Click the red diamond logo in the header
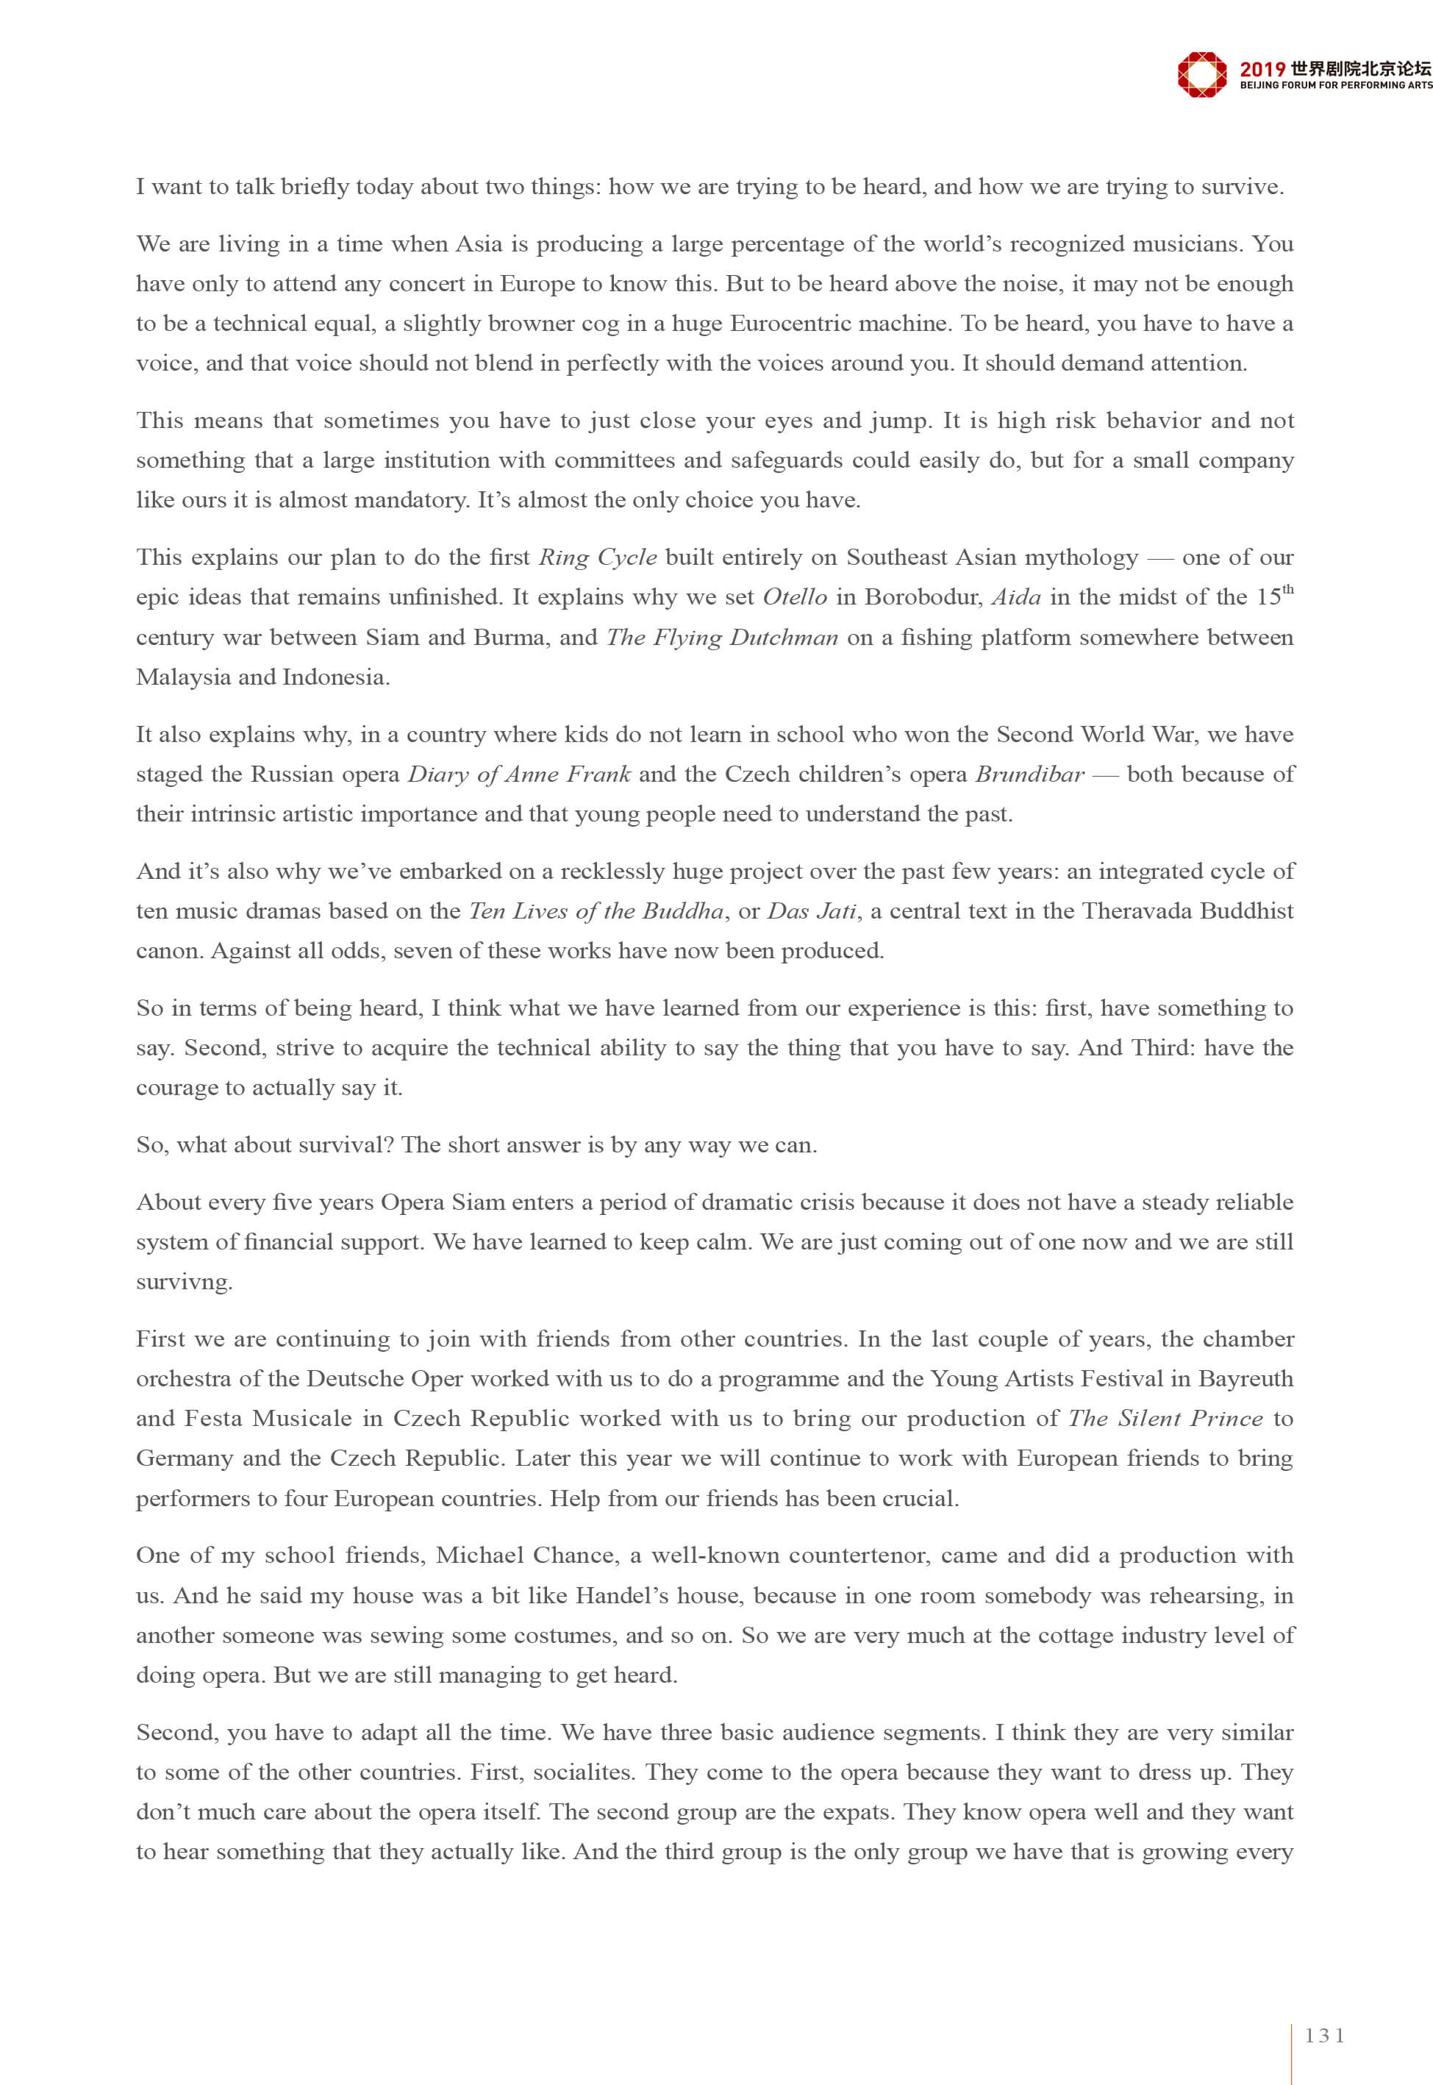tap(1201, 74)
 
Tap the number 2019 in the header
tap(1262, 69)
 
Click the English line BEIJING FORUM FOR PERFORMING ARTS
tap(1335, 85)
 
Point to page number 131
tap(1324, 2036)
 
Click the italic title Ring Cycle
tap(597, 557)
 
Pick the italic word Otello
tap(795, 597)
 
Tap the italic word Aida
tap(1016, 597)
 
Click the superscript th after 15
tap(1287, 589)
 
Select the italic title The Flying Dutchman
tap(722, 638)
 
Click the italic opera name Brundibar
tap(1030, 774)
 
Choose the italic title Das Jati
tap(812, 911)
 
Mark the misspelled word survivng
tap(184, 1282)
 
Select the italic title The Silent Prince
tap(1165, 1419)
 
